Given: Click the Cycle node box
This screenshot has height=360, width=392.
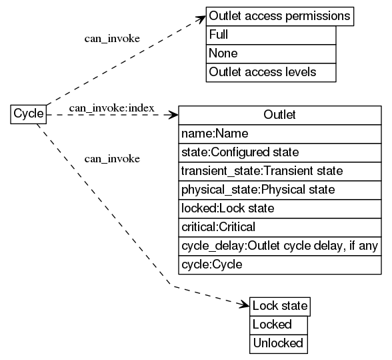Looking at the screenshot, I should point(29,114).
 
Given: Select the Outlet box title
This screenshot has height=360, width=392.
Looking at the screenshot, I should point(280,115).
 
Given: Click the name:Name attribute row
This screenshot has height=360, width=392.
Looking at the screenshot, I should point(280,134).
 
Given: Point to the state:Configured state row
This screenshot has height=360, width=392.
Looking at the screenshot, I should point(280,152).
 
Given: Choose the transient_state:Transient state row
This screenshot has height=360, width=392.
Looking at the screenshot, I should point(280,171).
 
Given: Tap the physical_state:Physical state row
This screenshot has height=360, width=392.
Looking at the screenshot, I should point(280,190).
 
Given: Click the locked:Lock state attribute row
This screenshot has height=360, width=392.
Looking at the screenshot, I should point(280,208).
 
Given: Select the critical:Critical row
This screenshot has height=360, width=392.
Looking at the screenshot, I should point(280,227).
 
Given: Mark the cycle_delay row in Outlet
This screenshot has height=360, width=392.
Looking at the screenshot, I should point(280,246).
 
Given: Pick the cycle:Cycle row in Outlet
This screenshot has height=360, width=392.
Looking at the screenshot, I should point(280,264).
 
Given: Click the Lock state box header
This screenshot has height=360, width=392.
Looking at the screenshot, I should point(280,307).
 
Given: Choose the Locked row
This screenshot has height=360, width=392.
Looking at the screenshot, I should point(279,325).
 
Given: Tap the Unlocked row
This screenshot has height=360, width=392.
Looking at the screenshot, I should point(279,344).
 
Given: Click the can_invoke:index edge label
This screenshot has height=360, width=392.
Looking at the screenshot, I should point(111,108).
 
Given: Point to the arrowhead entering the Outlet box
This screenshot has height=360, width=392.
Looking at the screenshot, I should point(174,115).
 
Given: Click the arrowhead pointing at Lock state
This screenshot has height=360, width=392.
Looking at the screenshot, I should point(245,305).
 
